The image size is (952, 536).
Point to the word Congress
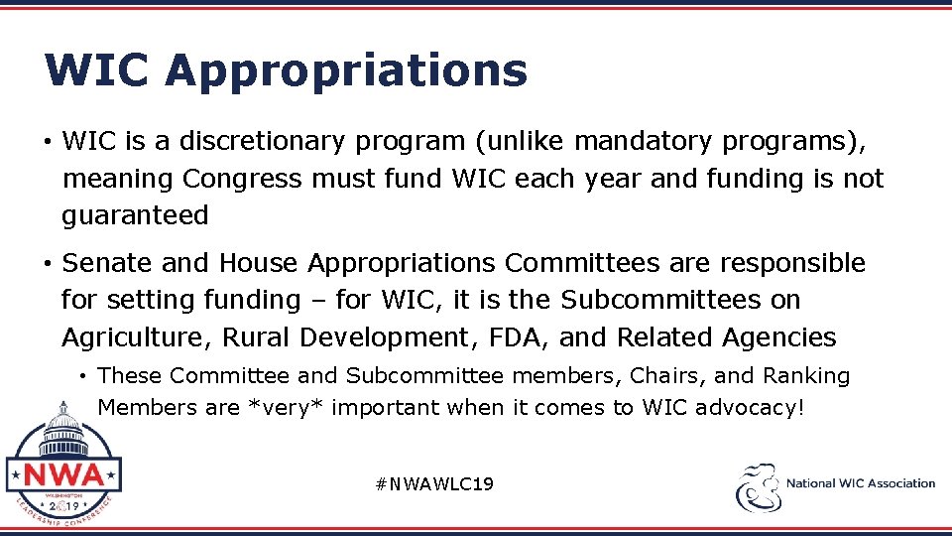[242, 179]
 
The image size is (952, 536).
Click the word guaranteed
[135, 215]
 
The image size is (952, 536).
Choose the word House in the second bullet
[259, 263]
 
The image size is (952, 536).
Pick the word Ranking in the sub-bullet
[806, 376]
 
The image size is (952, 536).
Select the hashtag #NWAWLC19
[434, 484]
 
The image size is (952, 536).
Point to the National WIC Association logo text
[860, 484]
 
